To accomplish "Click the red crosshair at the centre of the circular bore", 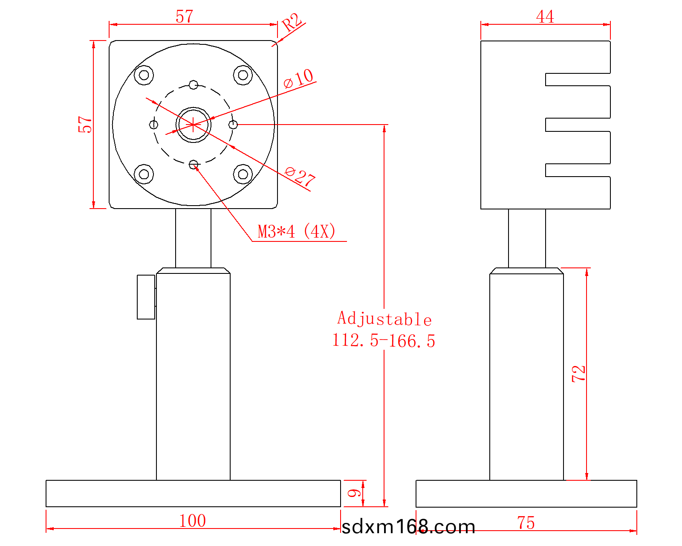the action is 193,125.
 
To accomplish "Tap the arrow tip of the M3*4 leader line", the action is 195,166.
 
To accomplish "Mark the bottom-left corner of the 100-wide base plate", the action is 46,507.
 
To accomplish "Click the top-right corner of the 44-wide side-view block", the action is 610,41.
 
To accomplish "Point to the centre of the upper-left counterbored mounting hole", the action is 144,75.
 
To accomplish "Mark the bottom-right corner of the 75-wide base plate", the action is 637,507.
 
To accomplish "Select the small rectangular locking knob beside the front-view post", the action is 146,297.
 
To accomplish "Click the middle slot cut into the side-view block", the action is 578,125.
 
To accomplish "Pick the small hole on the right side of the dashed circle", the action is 233,125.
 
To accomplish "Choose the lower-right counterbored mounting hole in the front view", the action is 243,174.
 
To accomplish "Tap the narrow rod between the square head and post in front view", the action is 194,238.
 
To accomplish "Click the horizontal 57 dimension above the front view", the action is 185,17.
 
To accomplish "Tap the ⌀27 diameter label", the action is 300,177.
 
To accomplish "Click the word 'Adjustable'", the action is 384,318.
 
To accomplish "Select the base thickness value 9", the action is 354,493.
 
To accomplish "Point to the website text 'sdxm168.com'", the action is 408,527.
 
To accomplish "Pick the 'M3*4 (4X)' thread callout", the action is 296,231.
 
